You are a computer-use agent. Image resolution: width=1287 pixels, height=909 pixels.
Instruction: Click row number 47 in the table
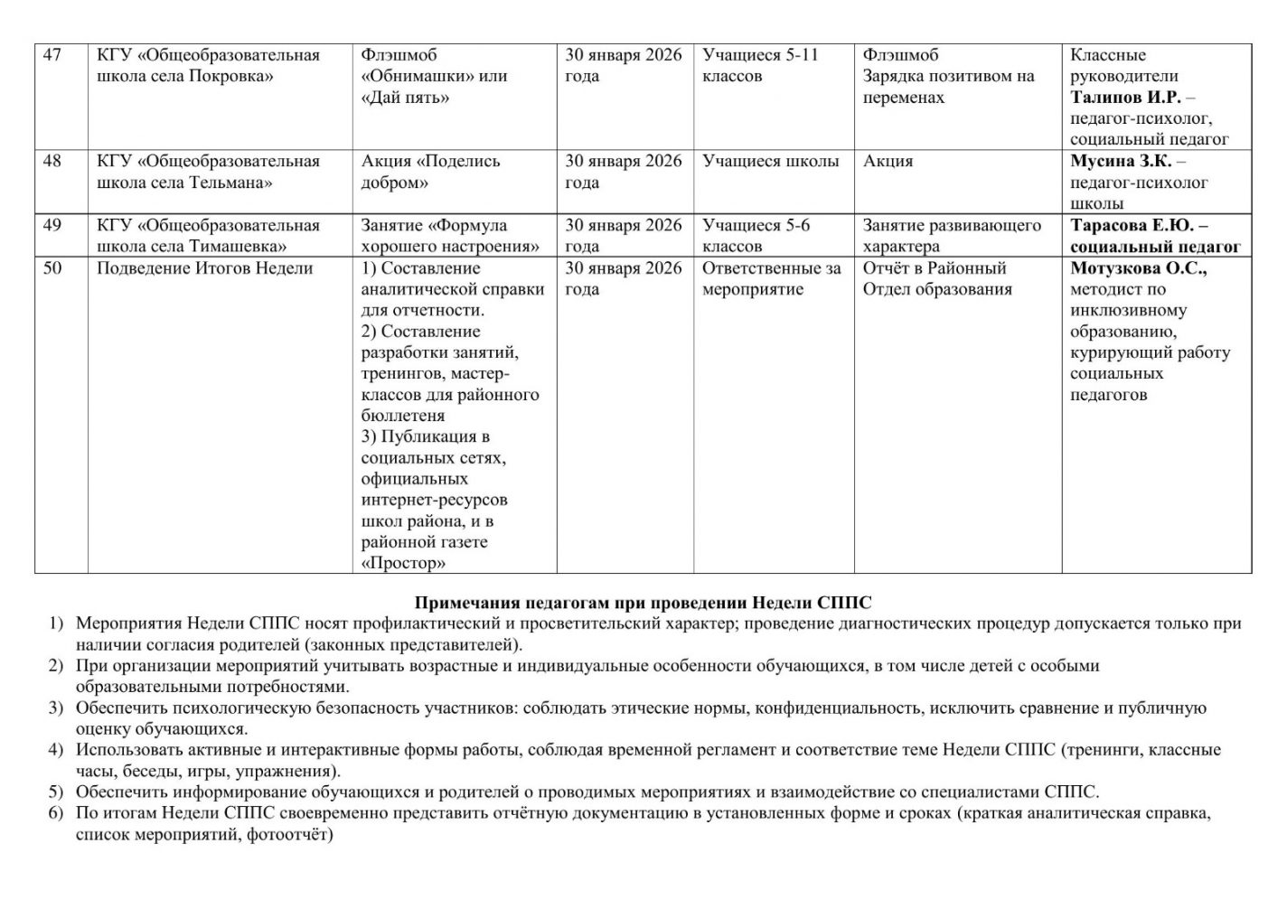[x=52, y=55]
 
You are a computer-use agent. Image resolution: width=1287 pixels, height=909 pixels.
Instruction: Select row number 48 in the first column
[x=52, y=162]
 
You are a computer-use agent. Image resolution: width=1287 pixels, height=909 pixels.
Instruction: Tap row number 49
[x=52, y=226]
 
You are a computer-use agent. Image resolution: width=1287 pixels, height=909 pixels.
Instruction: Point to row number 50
[x=52, y=268]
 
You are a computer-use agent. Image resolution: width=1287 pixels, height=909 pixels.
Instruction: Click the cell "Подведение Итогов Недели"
[x=205, y=268]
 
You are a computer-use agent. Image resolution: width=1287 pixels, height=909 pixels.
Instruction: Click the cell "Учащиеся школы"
[x=771, y=162]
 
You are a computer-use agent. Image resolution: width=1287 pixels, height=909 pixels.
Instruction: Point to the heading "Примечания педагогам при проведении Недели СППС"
[x=643, y=603]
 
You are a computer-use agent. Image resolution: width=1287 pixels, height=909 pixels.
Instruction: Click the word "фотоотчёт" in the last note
[x=291, y=835]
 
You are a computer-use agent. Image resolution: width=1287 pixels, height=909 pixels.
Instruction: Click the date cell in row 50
[x=624, y=278]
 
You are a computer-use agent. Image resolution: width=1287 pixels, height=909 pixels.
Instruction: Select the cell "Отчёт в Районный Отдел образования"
[x=937, y=278]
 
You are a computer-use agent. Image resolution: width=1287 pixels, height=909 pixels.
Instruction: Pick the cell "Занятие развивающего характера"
[x=952, y=236]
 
